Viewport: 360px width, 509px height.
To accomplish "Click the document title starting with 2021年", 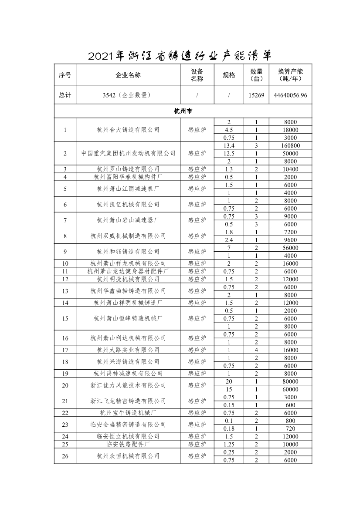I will click(180, 56).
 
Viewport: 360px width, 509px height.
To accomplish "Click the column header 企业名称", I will click(128, 75).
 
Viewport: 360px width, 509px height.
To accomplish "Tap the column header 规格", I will click(229, 75).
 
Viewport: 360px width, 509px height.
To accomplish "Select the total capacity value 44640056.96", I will click(291, 95).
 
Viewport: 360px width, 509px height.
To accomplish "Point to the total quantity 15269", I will click(256, 95).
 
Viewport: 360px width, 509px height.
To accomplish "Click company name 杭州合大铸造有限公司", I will click(128, 130).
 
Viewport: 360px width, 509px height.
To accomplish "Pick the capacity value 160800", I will click(291, 145).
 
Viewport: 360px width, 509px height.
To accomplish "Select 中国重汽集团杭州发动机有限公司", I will click(128, 153).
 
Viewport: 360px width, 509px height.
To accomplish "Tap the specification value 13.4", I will click(229, 145).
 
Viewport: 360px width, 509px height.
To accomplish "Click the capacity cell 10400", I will click(291, 169).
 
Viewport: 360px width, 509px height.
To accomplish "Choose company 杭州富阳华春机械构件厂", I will click(128, 177).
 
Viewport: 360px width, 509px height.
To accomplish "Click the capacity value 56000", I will click(291, 248).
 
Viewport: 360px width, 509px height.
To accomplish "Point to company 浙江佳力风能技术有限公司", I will click(128, 385).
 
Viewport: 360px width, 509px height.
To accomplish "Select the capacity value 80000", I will click(291, 381).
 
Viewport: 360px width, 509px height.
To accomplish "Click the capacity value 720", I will click(291, 428).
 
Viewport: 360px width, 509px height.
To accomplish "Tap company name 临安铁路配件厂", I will click(128, 444).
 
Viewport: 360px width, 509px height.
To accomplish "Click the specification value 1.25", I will click(229, 444).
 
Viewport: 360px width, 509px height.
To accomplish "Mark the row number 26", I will click(65, 456).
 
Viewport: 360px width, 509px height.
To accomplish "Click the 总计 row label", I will click(65, 95).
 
